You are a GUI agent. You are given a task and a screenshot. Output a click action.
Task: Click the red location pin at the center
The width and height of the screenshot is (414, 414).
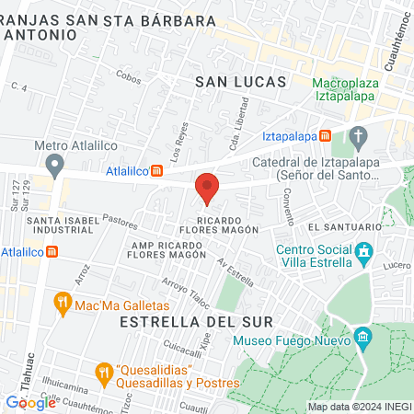point(207,188)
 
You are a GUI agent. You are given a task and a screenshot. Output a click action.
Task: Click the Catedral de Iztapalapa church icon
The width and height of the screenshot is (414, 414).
point(359,140)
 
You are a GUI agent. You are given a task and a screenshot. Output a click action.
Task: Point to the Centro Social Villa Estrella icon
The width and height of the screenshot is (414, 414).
point(364,251)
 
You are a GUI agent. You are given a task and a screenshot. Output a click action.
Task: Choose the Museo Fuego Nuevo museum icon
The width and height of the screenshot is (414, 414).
point(362,338)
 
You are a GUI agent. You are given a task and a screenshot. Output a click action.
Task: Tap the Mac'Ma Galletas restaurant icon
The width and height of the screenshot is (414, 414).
point(63,303)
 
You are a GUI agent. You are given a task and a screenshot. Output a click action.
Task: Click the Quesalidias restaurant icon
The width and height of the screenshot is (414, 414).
point(102,373)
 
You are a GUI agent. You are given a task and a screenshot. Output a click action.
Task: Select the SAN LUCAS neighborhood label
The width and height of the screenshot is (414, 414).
point(242,82)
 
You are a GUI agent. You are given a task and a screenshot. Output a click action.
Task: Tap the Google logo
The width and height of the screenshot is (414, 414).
point(30,402)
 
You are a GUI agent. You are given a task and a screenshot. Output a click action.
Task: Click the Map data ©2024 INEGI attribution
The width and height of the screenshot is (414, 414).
point(358,407)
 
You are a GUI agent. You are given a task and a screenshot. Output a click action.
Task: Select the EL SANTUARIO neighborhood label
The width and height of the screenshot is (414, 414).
point(345,226)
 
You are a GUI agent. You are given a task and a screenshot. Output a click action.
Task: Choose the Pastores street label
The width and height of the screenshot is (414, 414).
point(121,222)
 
